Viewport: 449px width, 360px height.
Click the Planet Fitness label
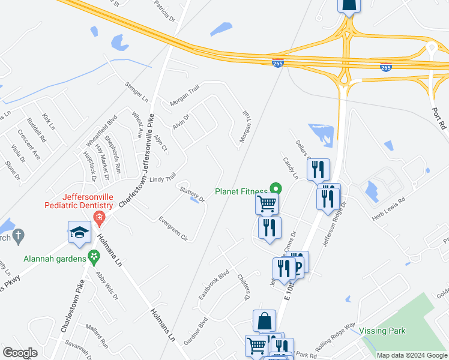pyautogui.click(x=242, y=192)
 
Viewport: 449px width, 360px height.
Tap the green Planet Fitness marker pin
pyautogui.click(x=276, y=188)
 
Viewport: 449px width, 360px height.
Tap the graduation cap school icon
pyautogui.click(x=79, y=233)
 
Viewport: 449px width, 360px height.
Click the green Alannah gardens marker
pyautogui.click(x=93, y=257)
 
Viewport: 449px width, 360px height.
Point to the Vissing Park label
pyautogui.click(x=382, y=331)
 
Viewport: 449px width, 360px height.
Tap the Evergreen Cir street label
pyautogui.click(x=173, y=229)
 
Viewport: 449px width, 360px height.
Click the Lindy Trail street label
pyautogui.click(x=162, y=179)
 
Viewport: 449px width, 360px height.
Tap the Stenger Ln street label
pyautogui.click(x=136, y=91)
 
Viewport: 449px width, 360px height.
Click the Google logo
pyautogui.click(x=20, y=353)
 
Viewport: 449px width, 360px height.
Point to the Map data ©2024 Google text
pyautogui.click(x=411, y=355)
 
